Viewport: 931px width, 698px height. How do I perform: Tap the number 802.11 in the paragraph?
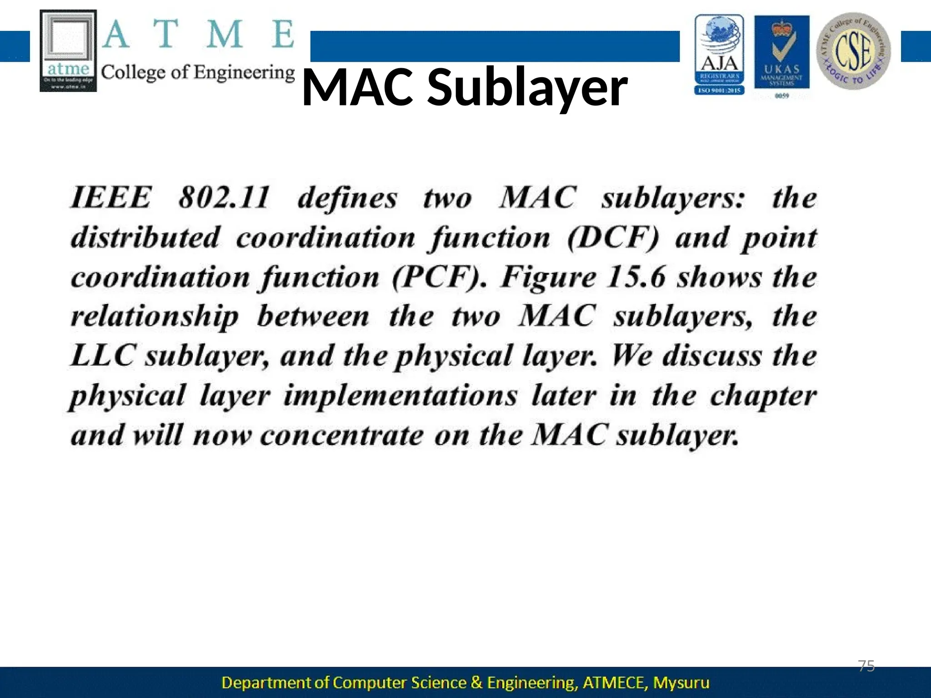pos(224,198)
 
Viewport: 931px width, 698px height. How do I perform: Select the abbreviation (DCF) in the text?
pos(613,238)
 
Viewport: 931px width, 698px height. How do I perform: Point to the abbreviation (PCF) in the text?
pos(439,277)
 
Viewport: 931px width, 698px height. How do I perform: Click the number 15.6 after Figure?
pos(636,277)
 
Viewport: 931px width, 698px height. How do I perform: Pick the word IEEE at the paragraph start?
pos(110,198)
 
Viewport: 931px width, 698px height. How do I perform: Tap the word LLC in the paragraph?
pos(103,356)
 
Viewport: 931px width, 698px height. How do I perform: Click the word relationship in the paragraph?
pos(155,317)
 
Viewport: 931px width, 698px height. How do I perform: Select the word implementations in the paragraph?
pos(400,396)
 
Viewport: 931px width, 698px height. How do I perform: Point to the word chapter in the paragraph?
pos(763,396)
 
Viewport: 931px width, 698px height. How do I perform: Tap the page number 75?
pos(866,666)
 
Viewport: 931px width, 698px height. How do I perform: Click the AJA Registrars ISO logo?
pos(719,55)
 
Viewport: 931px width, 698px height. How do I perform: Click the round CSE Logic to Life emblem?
pos(853,51)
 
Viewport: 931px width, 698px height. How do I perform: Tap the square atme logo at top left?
pos(68,51)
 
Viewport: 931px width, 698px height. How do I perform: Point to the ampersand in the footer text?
pos(476,683)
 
